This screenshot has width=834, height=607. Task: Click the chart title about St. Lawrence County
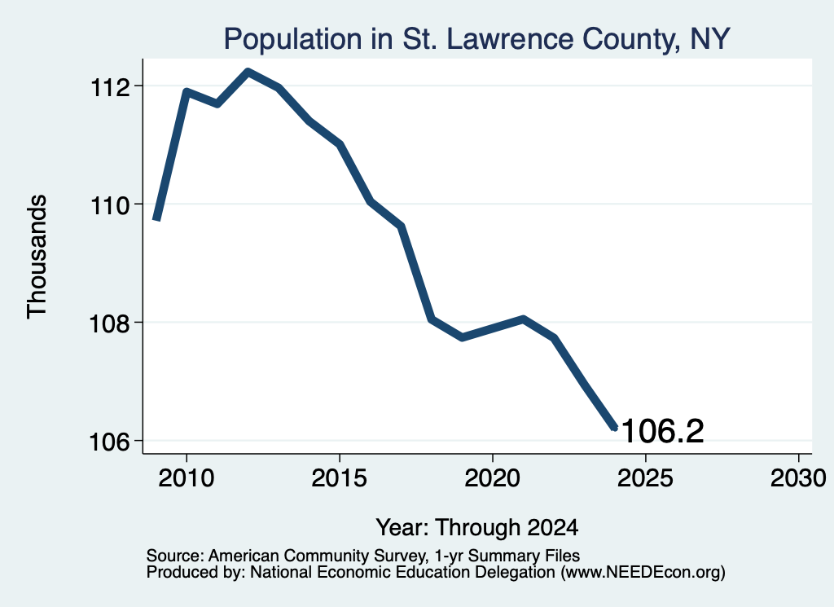476,39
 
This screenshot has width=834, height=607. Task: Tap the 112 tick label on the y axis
110,86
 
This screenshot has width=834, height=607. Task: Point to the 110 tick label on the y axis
110,205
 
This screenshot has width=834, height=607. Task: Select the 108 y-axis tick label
110,323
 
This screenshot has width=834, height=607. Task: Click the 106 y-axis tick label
110,442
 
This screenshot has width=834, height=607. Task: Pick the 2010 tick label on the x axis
187,477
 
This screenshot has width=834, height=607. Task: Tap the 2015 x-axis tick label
340,477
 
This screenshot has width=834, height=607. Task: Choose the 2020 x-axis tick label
493,477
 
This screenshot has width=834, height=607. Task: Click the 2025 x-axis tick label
645,477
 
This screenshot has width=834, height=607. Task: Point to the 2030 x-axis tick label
798,477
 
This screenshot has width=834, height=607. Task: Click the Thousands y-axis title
37,257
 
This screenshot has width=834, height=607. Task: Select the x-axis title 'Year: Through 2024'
477,527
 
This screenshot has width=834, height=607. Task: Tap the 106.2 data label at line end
662,431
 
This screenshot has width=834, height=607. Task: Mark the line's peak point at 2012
248,71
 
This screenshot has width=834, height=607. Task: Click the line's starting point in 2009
156,218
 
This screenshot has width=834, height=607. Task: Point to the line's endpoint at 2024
615,427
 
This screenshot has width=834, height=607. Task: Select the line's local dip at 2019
462,337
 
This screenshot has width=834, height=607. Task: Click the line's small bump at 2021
524,319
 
